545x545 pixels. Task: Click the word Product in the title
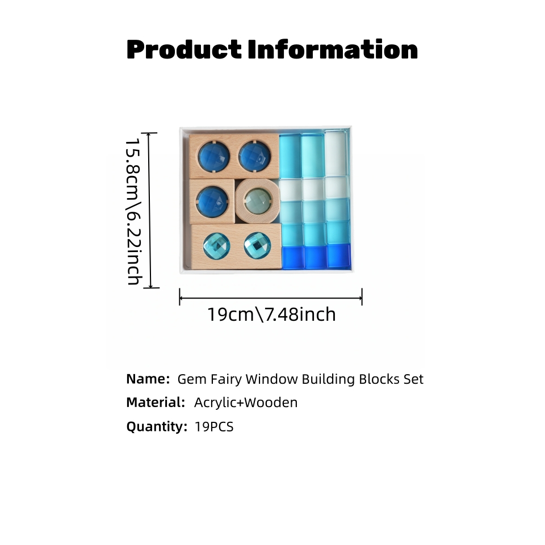[184, 49]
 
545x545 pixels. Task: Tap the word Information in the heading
[333, 49]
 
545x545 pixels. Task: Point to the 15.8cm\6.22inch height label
[133, 211]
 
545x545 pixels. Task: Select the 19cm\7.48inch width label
[271, 314]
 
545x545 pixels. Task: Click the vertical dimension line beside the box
[150, 210]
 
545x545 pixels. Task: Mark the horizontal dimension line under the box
[271, 298]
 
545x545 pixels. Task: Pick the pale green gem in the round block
[258, 200]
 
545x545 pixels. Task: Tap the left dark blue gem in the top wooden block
[214, 157]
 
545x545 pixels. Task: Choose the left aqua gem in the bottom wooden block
[216, 246]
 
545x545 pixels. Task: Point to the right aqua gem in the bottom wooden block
[257, 245]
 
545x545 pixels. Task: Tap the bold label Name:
[148, 379]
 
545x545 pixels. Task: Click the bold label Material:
[156, 403]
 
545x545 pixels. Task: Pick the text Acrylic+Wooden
[246, 403]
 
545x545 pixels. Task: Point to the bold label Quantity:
[157, 426]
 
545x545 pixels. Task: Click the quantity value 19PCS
[214, 426]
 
